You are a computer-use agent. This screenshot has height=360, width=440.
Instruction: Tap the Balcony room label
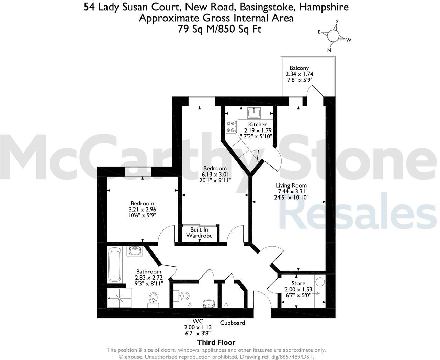299,68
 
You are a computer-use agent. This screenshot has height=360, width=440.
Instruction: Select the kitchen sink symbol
254,112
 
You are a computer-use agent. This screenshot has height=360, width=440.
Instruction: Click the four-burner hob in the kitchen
231,126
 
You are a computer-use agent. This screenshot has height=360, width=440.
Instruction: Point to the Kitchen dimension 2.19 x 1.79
258,130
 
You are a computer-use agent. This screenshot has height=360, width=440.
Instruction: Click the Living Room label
291,185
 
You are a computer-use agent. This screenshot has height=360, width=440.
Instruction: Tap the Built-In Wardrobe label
199,233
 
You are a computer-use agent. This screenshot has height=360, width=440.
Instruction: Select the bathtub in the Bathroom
114,265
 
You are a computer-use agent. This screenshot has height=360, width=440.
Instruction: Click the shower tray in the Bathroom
119,298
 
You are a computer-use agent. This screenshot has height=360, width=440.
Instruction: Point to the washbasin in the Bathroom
135,251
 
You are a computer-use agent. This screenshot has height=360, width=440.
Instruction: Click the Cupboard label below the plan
233,323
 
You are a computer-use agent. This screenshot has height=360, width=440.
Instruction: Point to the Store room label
298,283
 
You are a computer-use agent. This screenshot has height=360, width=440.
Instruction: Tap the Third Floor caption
216,342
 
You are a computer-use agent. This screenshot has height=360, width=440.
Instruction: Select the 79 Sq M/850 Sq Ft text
219,29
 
